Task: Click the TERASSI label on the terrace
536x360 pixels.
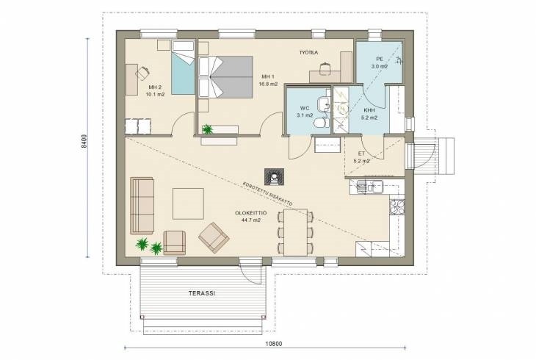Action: tap(202, 293)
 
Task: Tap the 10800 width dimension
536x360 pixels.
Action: tap(273, 344)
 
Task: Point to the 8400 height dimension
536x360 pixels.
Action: tap(84, 141)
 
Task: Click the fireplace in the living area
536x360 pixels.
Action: tap(274, 176)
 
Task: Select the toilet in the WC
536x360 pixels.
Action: tap(322, 123)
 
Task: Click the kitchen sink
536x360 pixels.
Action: tap(369, 187)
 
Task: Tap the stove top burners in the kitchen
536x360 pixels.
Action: tap(397, 206)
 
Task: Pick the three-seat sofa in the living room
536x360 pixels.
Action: tap(142, 206)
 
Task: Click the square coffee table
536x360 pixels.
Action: tap(188, 204)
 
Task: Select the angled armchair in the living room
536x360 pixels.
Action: tap(214, 237)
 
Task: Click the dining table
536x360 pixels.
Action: tap(295, 232)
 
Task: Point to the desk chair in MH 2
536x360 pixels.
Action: tap(142, 73)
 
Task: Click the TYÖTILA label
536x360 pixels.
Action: tap(308, 52)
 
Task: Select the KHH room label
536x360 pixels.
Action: tap(369, 110)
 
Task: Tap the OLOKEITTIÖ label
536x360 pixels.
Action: tap(250, 213)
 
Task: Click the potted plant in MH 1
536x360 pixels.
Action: tap(207, 129)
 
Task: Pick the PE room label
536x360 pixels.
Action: tap(380, 59)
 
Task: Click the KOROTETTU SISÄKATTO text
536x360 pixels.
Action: tap(267, 193)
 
